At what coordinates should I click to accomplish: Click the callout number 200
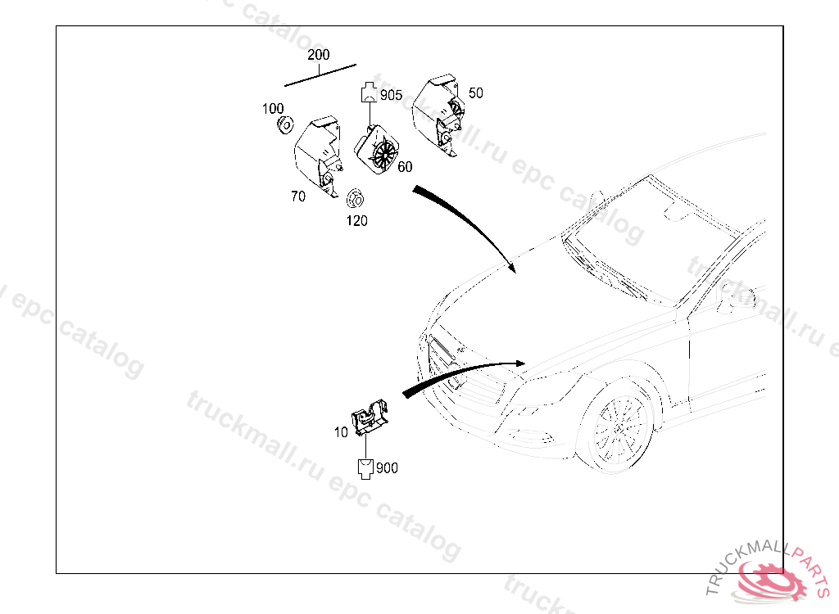pos(318,55)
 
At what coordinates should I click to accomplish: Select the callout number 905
pos(391,95)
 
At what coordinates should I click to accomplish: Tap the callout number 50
pos(475,93)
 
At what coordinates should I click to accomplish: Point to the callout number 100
pos(273,109)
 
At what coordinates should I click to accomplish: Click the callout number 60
pos(405,167)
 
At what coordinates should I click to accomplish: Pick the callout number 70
pos(298,196)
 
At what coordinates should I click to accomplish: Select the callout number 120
pos(356,220)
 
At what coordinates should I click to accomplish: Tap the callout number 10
pos(341,432)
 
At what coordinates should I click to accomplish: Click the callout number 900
pos(387,468)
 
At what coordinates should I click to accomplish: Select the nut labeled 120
pos(355,199)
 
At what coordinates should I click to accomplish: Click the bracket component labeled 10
pos(370,418)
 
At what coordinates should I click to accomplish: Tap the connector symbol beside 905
pos(369,93)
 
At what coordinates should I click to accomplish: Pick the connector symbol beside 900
pos(365,468)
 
